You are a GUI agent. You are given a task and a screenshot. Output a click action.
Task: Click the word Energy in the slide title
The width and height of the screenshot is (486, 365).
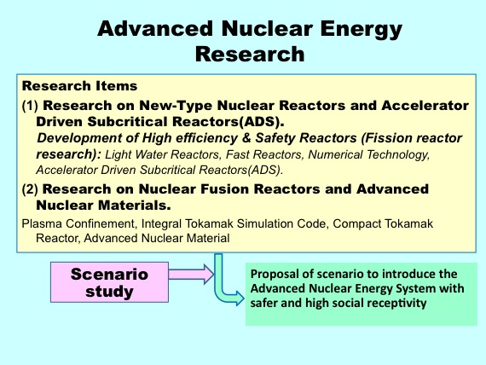tap(362, 30)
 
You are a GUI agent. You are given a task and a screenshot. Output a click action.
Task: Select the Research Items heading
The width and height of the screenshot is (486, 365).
tap(79, 86)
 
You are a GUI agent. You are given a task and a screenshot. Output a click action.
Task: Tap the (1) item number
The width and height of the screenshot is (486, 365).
tap(30, 106)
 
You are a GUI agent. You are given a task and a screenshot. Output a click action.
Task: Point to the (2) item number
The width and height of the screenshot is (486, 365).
tap(30, 189)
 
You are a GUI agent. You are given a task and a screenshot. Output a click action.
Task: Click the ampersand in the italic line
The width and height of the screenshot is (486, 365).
tap(246, 138)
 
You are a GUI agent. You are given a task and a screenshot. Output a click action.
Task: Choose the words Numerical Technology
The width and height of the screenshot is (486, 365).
tap(369, 154)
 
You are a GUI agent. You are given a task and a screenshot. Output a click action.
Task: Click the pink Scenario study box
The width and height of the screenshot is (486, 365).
tap(109, 282)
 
